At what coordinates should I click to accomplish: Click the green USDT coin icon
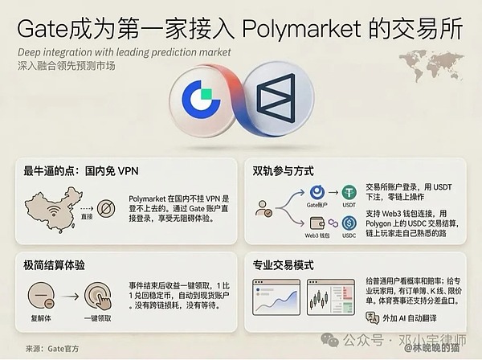pyautogui.click(x=349, y=194)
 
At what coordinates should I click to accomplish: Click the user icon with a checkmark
pyautogui.click(x=263, y=209)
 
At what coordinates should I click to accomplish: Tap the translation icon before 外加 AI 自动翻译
pyautogui.click(x=372, y=318)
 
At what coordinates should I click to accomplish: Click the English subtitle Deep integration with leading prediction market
pyautogui.click(x=124, y=51)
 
